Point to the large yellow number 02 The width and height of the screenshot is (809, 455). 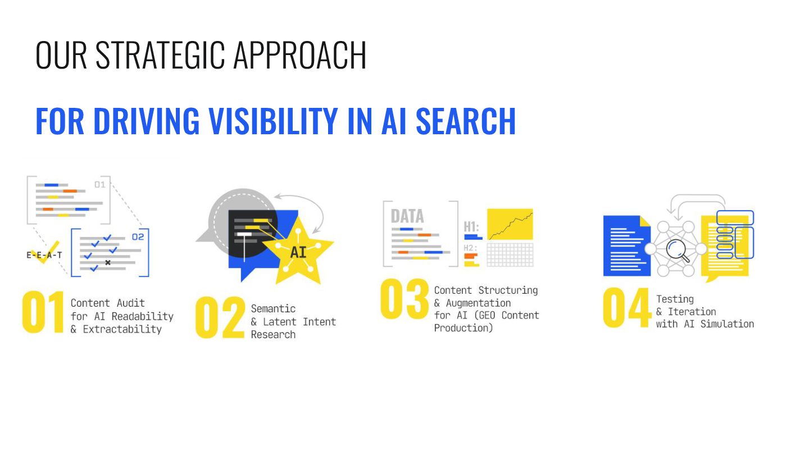click(220, 319)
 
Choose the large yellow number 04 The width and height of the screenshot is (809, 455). click(626, 308)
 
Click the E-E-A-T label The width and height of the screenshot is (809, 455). click(44, 254)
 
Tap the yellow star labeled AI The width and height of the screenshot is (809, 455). click(298, 251)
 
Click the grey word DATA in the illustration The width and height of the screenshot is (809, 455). click(407, 216)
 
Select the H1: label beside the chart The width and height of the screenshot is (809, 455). click(471, 227)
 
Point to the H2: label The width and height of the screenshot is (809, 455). click(470, 248)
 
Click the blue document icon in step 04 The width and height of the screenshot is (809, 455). click(625, 246)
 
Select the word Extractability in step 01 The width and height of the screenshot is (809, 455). click(122, 330)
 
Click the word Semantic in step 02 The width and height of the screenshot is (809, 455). click(273, 308)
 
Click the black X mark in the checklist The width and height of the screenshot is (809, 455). click(108, 262)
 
